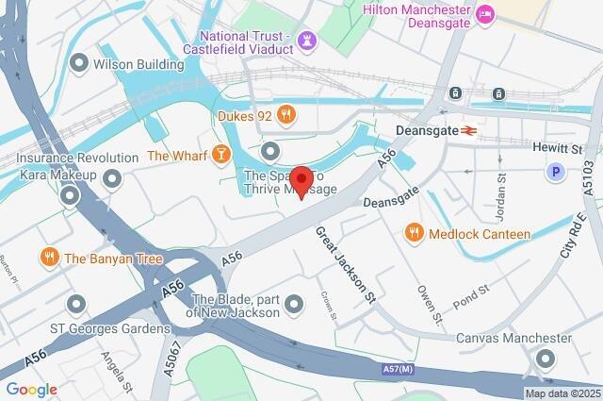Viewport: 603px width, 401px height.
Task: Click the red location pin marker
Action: [x=301, y=180]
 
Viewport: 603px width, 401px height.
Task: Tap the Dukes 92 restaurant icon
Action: [x=288, y=115]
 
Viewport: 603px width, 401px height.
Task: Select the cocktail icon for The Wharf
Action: [x=220, y=153]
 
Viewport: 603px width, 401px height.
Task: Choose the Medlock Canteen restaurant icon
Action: [x=413, y=232]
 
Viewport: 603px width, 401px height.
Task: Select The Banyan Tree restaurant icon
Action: [x=49, y=258]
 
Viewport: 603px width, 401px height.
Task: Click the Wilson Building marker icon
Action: [x=78, y=64]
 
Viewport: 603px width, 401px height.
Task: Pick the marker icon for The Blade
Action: [x=295, y=303]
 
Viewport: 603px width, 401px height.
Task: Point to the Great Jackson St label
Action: [x=346, y=265]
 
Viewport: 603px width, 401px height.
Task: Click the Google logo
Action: [x=31, y=389]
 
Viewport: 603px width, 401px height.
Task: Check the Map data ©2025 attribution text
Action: [x=562, y=393]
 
